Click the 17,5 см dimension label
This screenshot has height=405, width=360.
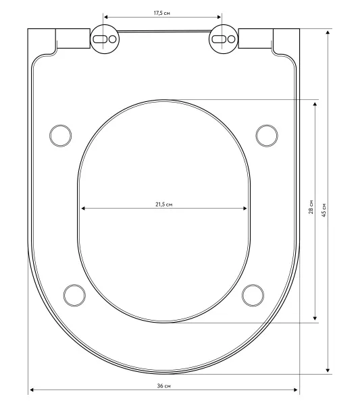(162, 13)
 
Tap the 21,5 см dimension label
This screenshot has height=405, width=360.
(164, 205)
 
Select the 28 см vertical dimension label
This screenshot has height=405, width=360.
(311, 207)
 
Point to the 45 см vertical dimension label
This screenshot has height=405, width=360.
(324, 210)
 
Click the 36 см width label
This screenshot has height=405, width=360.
(164, 386)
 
